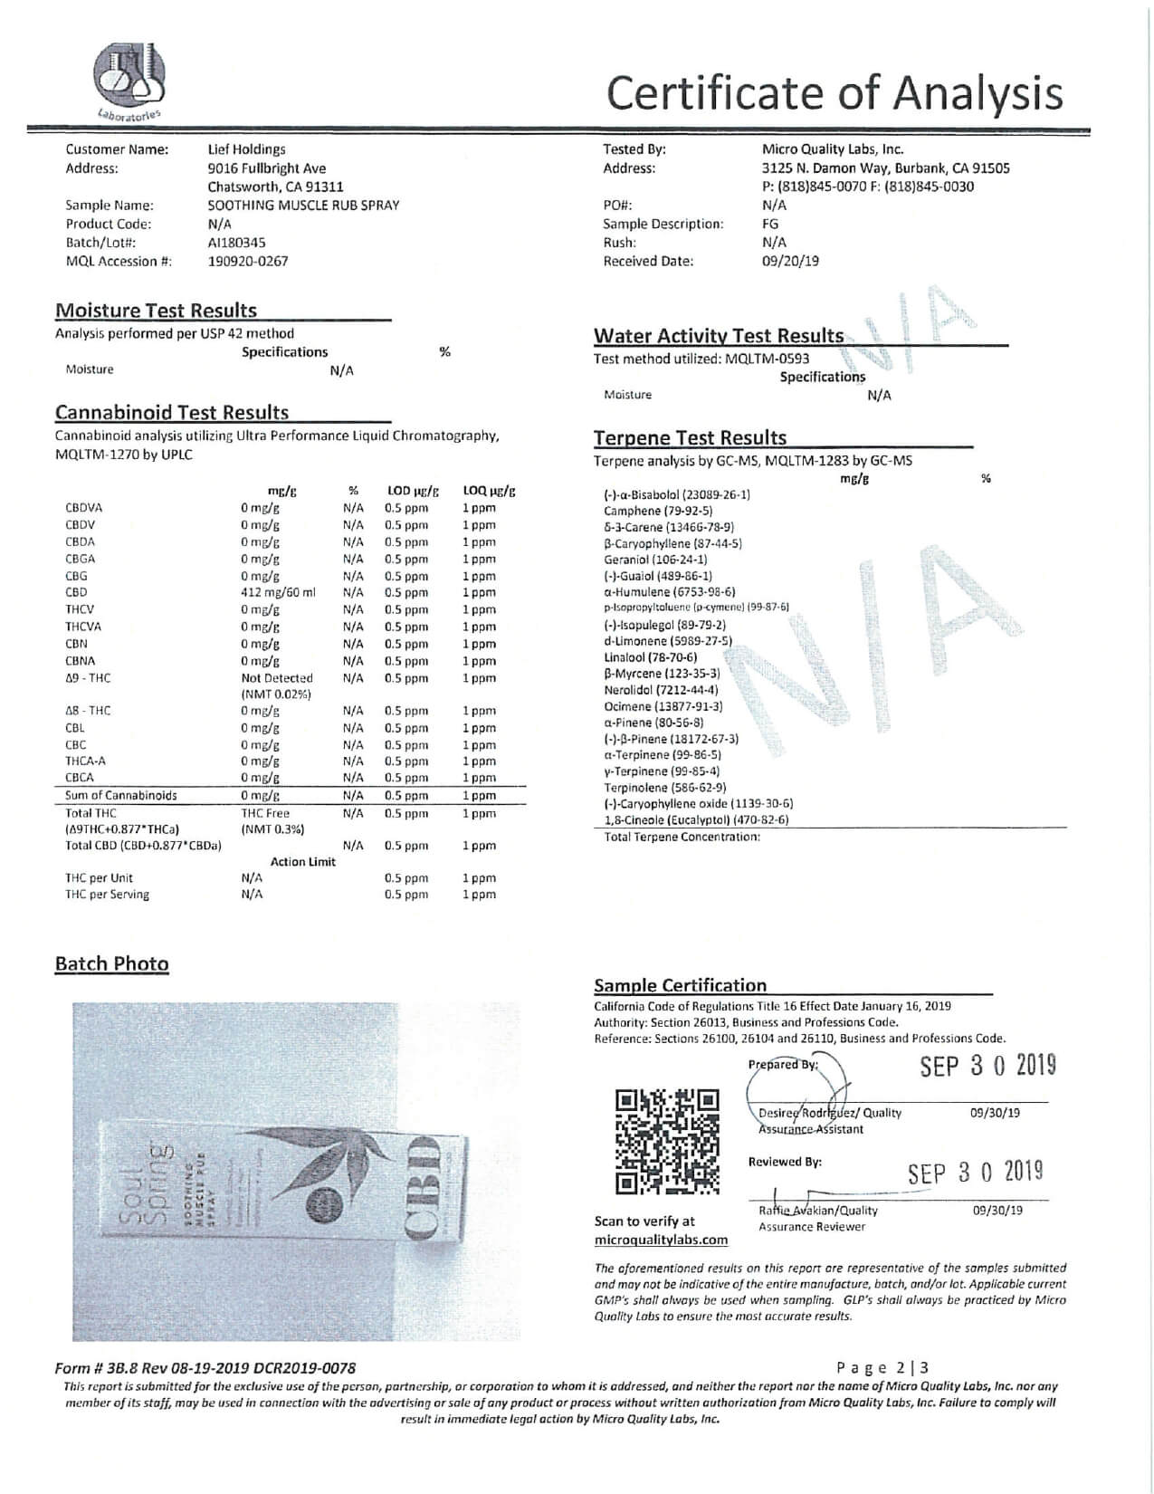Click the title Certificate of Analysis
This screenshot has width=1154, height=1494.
click(x=834, y=92)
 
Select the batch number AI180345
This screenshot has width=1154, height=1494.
click(x=236, y=243)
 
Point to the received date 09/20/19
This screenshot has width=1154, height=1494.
click(x=790, y=262)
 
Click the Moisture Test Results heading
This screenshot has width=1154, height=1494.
click(x=156, y=311)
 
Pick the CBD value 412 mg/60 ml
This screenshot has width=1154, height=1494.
click(x=278, y=593)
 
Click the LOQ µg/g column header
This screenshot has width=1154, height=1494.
click(x=489, y=492)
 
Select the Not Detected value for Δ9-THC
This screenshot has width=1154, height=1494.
click(x=277, y=678)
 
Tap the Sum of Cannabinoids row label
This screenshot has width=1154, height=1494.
click(x=120, y=796)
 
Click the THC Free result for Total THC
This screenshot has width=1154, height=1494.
click(x=265, y=814)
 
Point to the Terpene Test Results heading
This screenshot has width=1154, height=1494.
click(x=690, y=438)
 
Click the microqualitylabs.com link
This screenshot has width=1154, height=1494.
click(x=661, y=1240)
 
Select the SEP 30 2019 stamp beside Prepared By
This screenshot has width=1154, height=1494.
click(x=987, y=1067)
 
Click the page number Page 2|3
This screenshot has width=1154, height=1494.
click(x=882, y=1368)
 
